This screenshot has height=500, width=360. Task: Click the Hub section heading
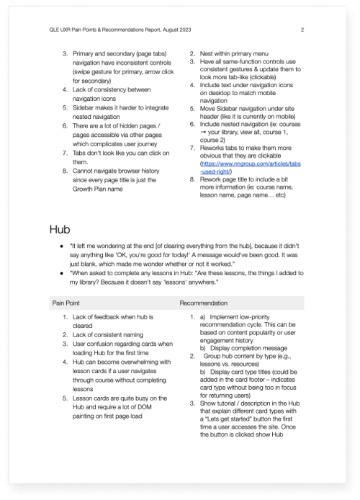pos(60,229)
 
